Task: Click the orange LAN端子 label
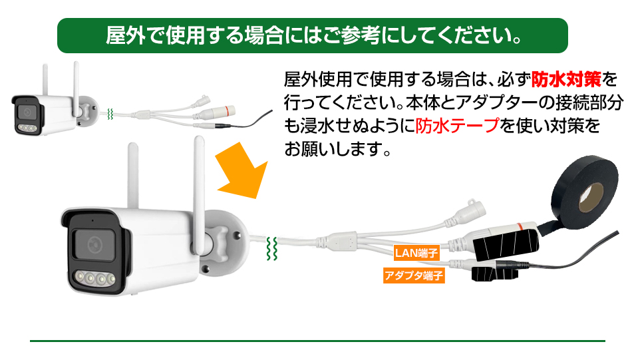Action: [416, 253]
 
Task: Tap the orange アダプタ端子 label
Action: [414, 275]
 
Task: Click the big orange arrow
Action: [243, 171]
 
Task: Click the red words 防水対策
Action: [566, 79]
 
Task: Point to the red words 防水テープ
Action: [458, 126]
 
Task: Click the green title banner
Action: [313, 35]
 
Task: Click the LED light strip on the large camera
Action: [95, 278]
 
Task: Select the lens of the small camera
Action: [27, 112]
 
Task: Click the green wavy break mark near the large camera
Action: [272, 248]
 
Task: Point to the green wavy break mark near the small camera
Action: [110, 114]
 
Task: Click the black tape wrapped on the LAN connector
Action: [506, 243]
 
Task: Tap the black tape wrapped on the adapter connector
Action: [494, 273]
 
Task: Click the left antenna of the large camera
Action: [134, 176]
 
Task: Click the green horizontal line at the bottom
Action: [317, 341]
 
